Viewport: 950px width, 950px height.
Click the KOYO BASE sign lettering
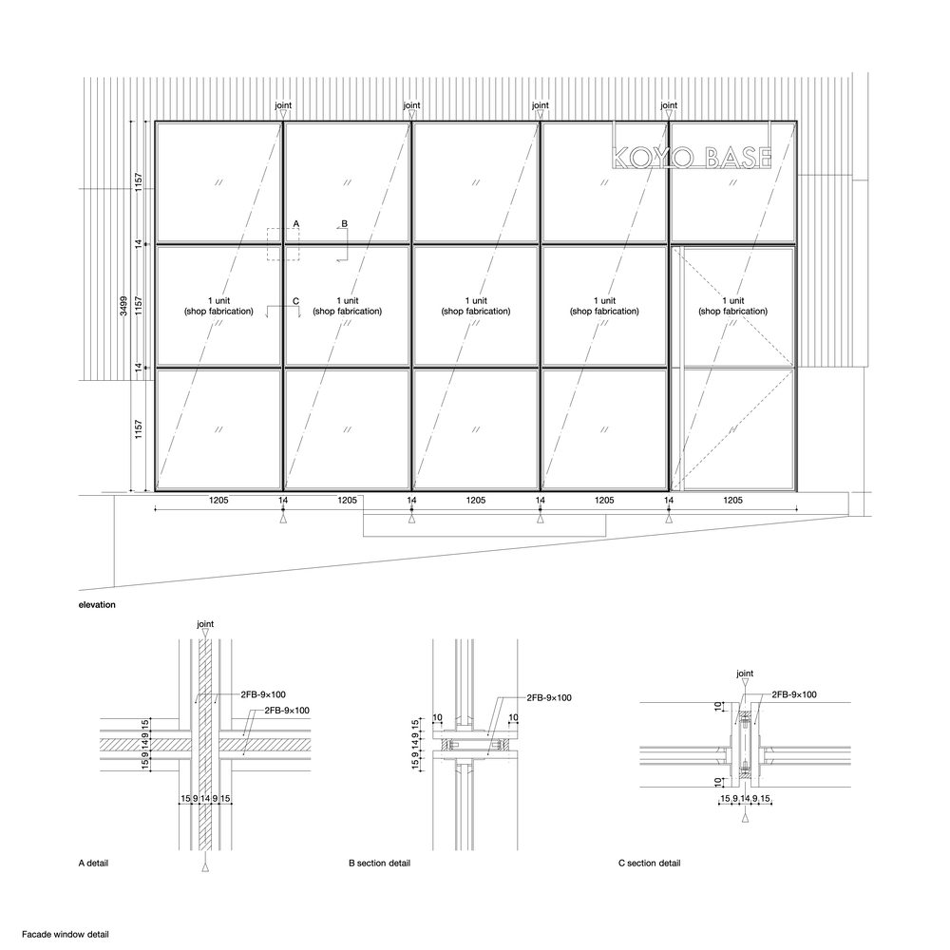pyautogui.click(x=692, y=158)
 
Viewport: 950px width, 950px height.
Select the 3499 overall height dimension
pyautogui.click(x=123, y=305)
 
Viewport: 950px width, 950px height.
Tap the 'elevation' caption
pyautogui.click(x=97, y=604)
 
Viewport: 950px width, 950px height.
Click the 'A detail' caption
pyautogui.click(x=93, y=863)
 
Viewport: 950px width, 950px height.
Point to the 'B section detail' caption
pyautogui.click(x=379, y=863)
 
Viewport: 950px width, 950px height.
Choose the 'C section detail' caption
pyautogui.click(x=650, y=863)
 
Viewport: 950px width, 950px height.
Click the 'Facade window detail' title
pyautogui.click(x=66, y=935)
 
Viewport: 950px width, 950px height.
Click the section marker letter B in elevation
pyautogui.click(x=345, y=223)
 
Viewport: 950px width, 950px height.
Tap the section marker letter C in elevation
pyautogui.click(x=295, y=301)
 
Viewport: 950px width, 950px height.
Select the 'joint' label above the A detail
pyautogui.click(x=205, y=624)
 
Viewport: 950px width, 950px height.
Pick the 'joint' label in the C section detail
pyautogui.click(x=745, y=674)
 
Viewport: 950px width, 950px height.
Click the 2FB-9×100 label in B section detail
pyautogui.click(x=549, y=697)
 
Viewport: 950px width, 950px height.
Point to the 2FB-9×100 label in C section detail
pyautogui.click(x=793, y=694)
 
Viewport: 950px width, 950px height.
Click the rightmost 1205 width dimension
pyautogui.click(x=733, y=501)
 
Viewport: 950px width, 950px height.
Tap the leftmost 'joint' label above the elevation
pyautogui.click(x=283, y=105)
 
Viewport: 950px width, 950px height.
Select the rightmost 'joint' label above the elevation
pyautogui.click(x=669, y=105)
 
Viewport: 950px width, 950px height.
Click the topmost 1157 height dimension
pyautogui.click(x=139, y=183)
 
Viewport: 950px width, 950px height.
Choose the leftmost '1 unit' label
pyautogui.click(x=218, y=300)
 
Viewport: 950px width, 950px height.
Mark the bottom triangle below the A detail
pyautogui.click(x=205, y=867)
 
